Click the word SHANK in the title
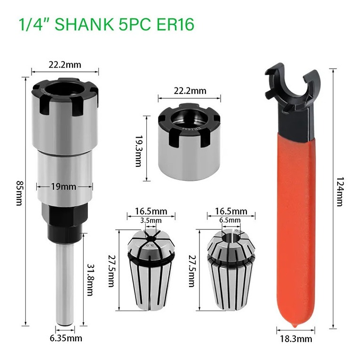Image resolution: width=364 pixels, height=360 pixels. click(x=84, y=24)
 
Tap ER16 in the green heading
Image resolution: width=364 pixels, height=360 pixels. click(x=175, y=24)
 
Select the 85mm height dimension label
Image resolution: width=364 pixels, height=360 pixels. click(x=19, y=193)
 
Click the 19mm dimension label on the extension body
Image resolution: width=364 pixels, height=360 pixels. click(x=63, y=186)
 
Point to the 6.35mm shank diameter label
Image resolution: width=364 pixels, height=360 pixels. click(x=66, y=338)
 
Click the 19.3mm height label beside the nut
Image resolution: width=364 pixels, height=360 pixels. click(x=138, y=148)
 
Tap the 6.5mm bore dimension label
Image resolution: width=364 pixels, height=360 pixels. click(x=230, y=220)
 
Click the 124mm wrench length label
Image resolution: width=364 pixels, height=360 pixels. click(x=340, y=192)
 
